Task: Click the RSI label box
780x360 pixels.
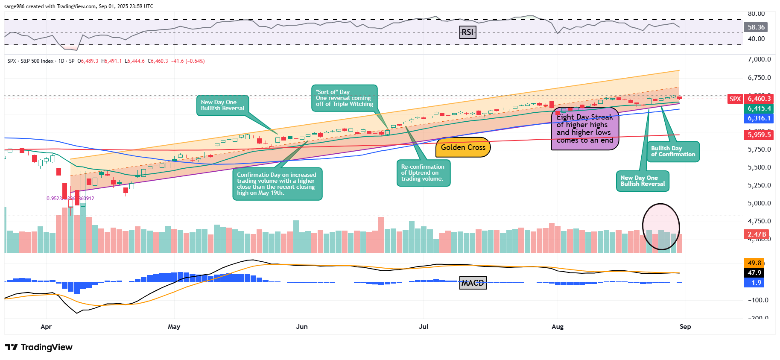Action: click(x=467, y=32)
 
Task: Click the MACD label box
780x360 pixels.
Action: click(x=473, y=283)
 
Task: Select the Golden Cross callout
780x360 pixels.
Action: click(x=463, y=147)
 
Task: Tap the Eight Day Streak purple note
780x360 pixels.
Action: click(x=584, y=129)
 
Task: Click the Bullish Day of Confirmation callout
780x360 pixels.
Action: click(x=673, y=152)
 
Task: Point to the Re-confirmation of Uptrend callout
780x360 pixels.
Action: click(x=423, y=173)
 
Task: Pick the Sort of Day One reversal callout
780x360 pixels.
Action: click(x=344, y=98)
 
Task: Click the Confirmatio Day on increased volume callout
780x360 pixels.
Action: click(x=277, y=184)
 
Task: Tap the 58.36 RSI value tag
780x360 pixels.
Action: click(x=756, y=27)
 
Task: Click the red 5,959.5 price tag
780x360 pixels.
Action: click(x=759, y=135)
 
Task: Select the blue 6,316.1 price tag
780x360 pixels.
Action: click(x=759, y=118)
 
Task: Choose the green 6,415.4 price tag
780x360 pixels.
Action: click(x=759, y=108)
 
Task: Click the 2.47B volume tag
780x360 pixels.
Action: click(x=757, y=234)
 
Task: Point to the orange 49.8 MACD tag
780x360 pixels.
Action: click(x=754, y=263)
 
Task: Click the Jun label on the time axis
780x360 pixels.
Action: click(x=302, y=327)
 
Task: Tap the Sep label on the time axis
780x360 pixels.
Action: click(x=685, y=327)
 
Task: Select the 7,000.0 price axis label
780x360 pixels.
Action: click(x=759, y=59)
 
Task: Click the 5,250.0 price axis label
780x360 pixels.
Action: click(x=759, y=185)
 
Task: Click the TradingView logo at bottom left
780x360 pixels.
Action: click(x=39, y=347)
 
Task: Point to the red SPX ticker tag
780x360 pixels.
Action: click(x=735, y=99)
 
